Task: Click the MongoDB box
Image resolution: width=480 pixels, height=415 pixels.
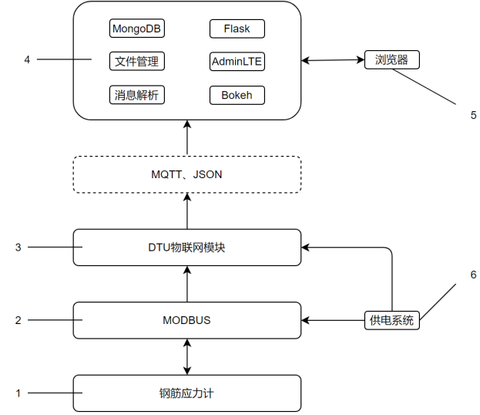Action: pyautogui.click(x=138, y=29)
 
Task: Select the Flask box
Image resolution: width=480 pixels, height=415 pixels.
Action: pyautogui.click(x=237, y=29)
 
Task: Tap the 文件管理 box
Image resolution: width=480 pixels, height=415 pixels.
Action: pyautogui.click(x=138, y=62)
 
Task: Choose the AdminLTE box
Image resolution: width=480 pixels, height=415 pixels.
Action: pyautogui.click(x=237, y=62)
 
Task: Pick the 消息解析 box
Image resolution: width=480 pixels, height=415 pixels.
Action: pyautogui.click(x=138, y=96)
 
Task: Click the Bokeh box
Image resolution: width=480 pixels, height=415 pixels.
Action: pyautogui.click(x=237, y=96)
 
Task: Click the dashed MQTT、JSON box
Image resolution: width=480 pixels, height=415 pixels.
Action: pyautogui.click(x=186, y=175)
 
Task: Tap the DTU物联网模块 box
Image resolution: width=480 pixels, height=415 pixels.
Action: pyautogui.click(x=186, y=248)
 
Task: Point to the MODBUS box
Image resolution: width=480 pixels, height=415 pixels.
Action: pyautogui.click(x=186, y=320)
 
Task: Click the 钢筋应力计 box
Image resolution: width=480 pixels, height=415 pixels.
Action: pyautogui.click(x=186, y=393)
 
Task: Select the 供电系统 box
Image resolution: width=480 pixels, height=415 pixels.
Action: pyautogui.click(x=392, y=320)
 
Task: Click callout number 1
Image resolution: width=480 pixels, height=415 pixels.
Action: pyautogui.click(x=18, y=393)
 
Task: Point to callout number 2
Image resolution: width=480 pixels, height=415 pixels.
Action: pyautogui.click(x=18, y=320)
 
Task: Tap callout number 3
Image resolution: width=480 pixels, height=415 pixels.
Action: pyautogui.click(x=18, y=248)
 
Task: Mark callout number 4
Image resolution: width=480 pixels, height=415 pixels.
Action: pyautogui.click(x=27, y=59)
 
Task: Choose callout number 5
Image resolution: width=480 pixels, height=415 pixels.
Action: pyautogui.click(x=473, y=115)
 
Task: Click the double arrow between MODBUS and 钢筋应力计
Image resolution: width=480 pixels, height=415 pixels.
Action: pyautogui.click(x=186, y=356)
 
